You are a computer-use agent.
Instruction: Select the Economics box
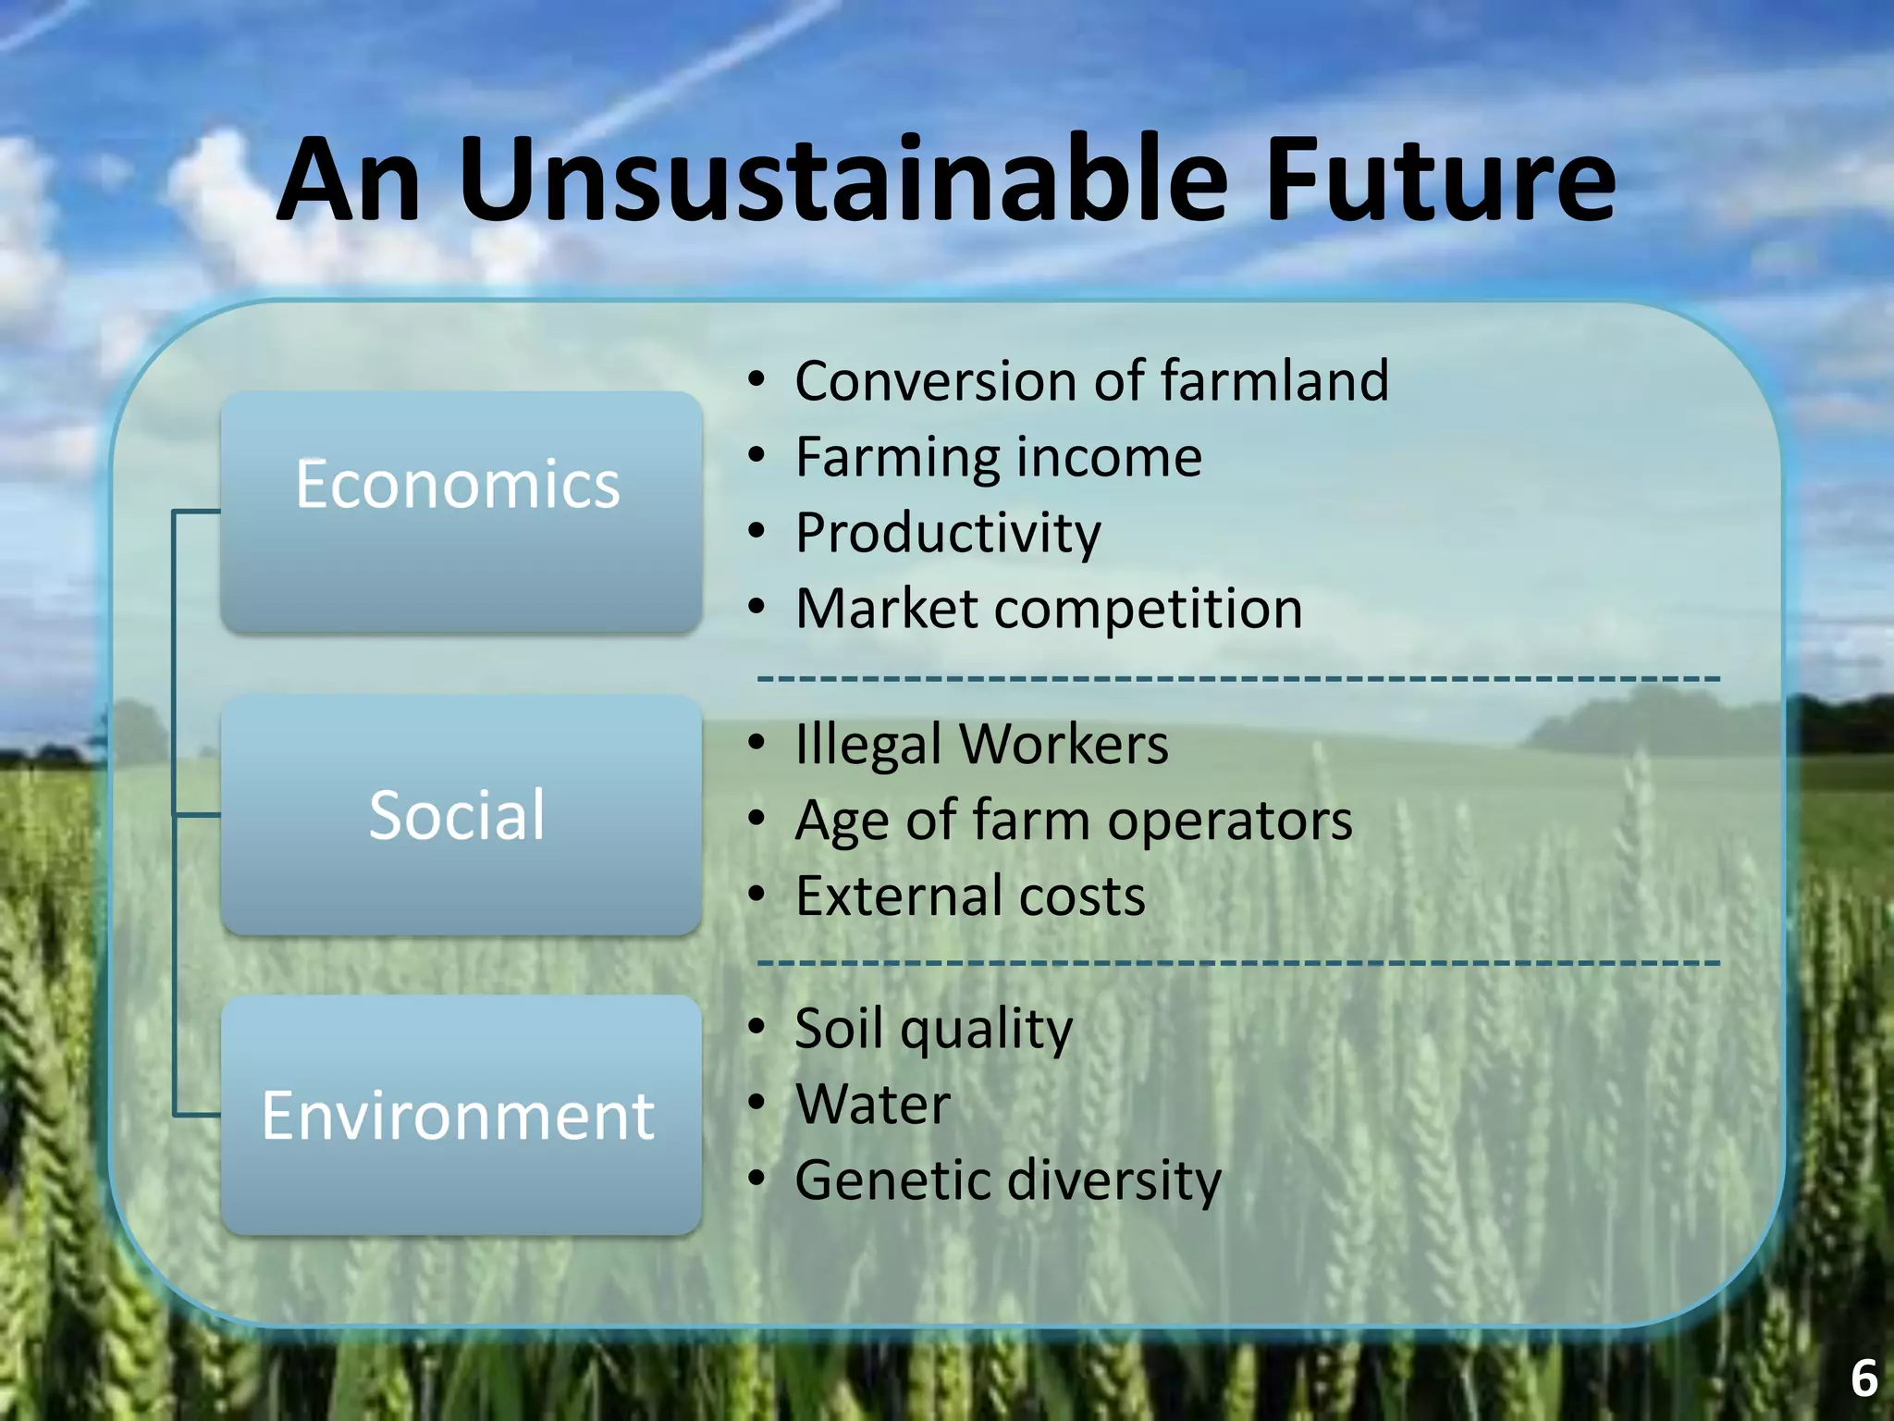[x=460, y=512]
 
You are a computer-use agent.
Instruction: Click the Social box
[x=460, y=815]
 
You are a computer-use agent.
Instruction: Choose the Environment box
[x=460, y=1115]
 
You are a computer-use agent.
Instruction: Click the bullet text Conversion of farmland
[x=1091, y=381]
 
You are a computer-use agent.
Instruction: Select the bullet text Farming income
[x=999, y=457]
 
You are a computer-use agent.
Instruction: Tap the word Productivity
[x=948, y=534]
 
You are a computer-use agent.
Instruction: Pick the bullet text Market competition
[x=1049, y=609]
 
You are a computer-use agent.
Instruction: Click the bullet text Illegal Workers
[x=981, y=745]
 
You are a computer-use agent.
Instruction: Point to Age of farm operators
[x=1073, y=821]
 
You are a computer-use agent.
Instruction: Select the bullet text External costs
[x=970, y=896]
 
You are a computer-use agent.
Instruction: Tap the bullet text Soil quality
[x=933, y=1029]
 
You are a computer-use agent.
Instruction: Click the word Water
[x=873, y=1105]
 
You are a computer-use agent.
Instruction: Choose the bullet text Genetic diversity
[x=1008, y=1180]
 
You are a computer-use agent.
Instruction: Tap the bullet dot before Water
[x=757, y=1103]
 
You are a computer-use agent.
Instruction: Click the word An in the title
[x=350, y=180]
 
